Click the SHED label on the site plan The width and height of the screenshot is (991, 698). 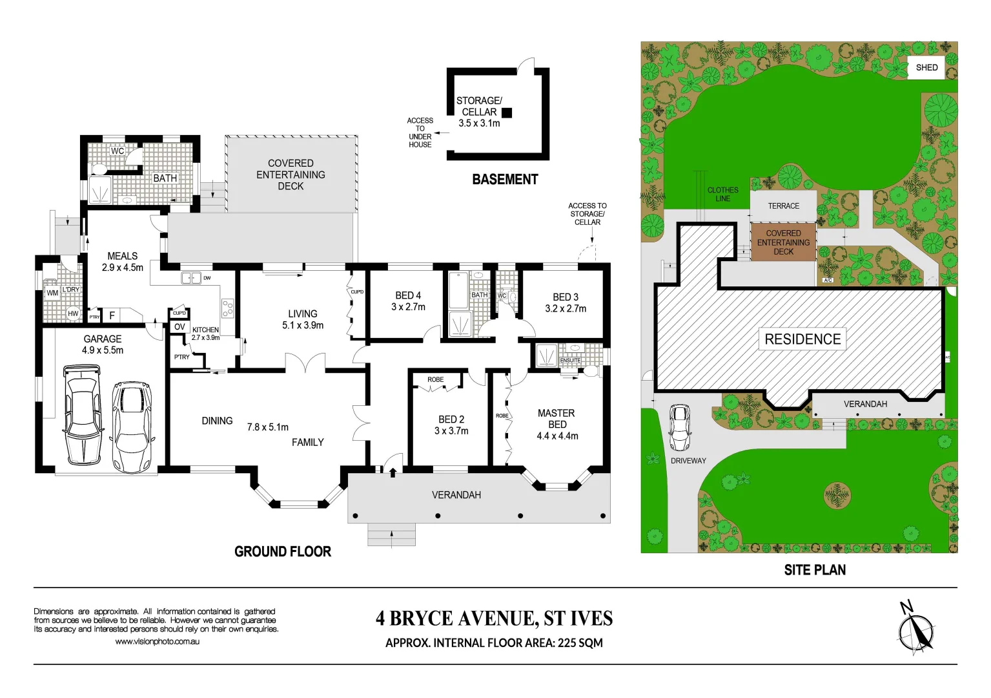tap(926, 67)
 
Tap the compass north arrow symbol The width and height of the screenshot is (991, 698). tap(915, 628)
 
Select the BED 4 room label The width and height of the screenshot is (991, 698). tap(408, 295)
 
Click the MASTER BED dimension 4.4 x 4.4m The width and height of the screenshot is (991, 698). tap(557, 436)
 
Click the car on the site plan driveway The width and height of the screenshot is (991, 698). tap(679, 427)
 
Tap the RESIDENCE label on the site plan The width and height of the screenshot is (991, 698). tap(802, 339)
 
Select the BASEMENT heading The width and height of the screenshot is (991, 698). tap(505, 180)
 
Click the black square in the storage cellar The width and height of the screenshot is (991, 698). tap(507, 112)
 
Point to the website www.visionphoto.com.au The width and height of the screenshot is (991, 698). tap(157, 642)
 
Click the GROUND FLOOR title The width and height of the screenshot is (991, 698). tap(283, 551)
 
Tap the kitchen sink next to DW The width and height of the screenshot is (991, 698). tap(190, 278)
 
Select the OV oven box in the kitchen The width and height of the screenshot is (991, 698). tap(179, 327)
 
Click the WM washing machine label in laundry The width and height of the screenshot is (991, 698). tap(52, 293)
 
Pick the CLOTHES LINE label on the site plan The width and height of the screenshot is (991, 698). tap(722, 194)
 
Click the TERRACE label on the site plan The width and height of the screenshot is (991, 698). tap(783, 206)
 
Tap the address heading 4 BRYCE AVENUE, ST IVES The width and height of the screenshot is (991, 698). tap(494, 619)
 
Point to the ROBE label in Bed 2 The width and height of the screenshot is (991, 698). tap(435, 379)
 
